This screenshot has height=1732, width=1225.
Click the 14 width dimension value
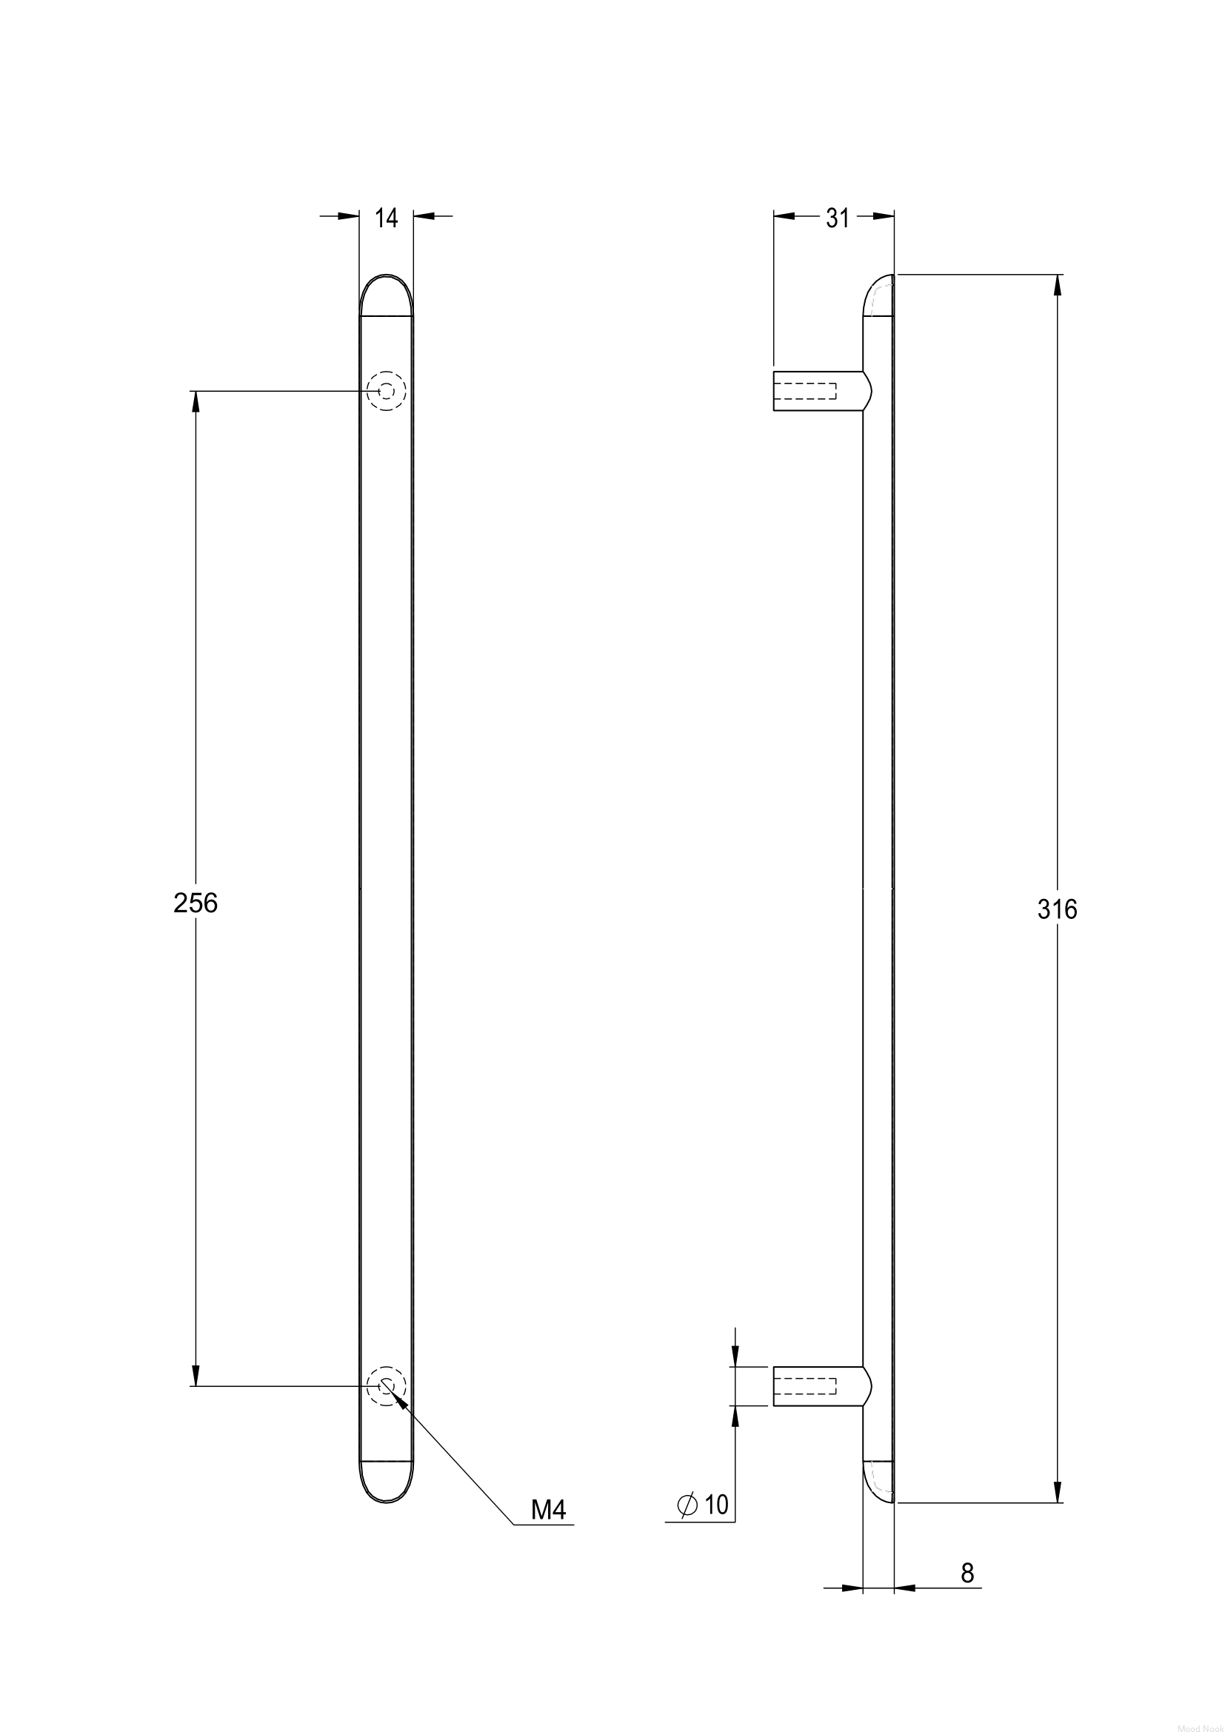pos(386,218)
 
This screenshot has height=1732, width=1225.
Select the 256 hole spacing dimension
pos(196,903)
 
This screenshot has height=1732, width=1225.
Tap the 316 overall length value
pos(1057,911)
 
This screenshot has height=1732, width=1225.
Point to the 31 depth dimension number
pos(838,218)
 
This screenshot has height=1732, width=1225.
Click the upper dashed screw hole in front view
pos(386,391)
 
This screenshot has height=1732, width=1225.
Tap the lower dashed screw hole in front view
pos(386,1386)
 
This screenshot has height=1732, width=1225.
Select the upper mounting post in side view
pos(822,391)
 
